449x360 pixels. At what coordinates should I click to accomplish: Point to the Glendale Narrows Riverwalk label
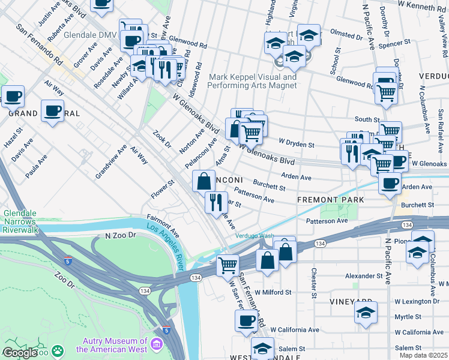coord(29,221)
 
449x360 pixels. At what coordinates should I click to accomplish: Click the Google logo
coord(19,353)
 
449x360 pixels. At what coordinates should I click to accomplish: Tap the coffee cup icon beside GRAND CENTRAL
coord(52,111)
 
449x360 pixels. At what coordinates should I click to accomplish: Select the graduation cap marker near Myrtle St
coord(366,313)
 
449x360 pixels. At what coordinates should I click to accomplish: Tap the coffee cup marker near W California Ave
coord(246,321)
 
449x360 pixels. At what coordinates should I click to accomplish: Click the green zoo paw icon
coord(58,350)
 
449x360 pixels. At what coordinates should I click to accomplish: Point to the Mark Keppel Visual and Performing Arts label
coord(252,81)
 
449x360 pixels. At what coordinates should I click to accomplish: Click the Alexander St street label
coord(364,276)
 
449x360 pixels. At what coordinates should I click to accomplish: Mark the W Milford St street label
coord(273,293)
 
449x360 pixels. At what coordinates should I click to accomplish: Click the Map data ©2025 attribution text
coord(424,355)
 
